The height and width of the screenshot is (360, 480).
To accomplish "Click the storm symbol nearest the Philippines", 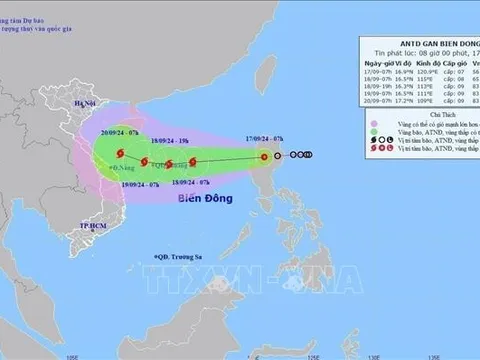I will pyautogui.click(x=264, y=156).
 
